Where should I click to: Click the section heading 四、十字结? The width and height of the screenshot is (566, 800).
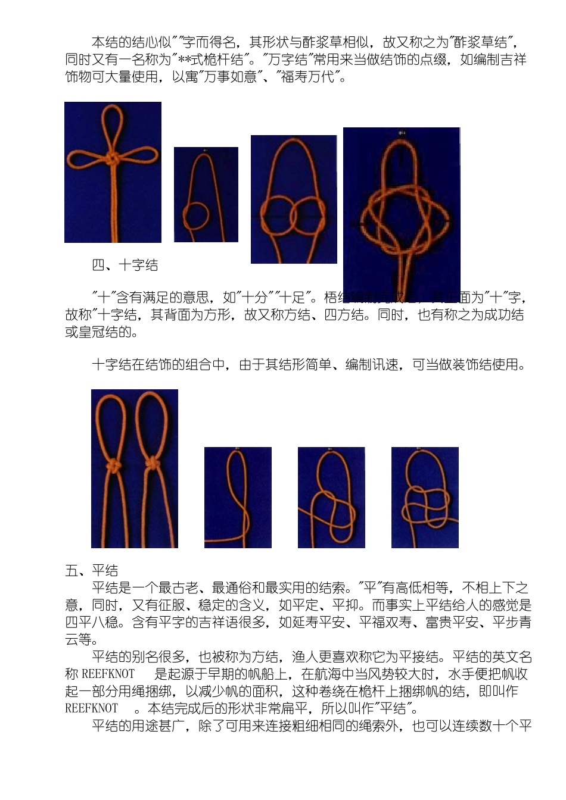point(125,265)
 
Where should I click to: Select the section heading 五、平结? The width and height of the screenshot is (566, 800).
point(92,571)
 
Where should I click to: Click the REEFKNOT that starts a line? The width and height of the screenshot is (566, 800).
point(91,709)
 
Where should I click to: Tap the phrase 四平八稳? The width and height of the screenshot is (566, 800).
point(92,623)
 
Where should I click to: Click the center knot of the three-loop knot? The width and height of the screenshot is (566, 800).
point(111,160)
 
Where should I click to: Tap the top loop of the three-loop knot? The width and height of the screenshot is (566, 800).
point(112,128)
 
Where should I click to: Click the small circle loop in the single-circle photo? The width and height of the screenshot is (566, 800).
point(196,215)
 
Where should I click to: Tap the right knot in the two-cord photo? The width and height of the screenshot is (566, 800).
point(152,464)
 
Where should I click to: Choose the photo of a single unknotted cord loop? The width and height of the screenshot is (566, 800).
point(238,498)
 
